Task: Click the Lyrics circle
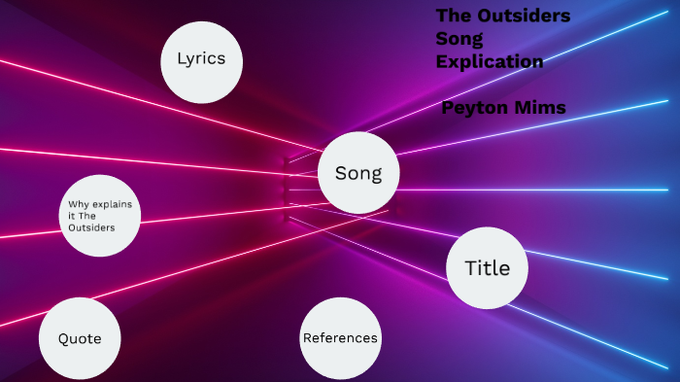(x=201, y=61)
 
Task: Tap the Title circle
(x=487, y=267)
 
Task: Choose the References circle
(x=339, y=337)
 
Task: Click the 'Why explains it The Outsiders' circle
(x=101, y=216)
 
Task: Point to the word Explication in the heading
(x=489, y=61)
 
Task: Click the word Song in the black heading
(x=459, y=39)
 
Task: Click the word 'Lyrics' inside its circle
(x=201, y=58)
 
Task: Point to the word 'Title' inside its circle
(x=487, y=268)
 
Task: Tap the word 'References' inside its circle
(x=340, y=338)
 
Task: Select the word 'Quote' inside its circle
(x=80, y=338)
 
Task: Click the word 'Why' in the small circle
(x=78, y=203)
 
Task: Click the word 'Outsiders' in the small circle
(x=91, y=227)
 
